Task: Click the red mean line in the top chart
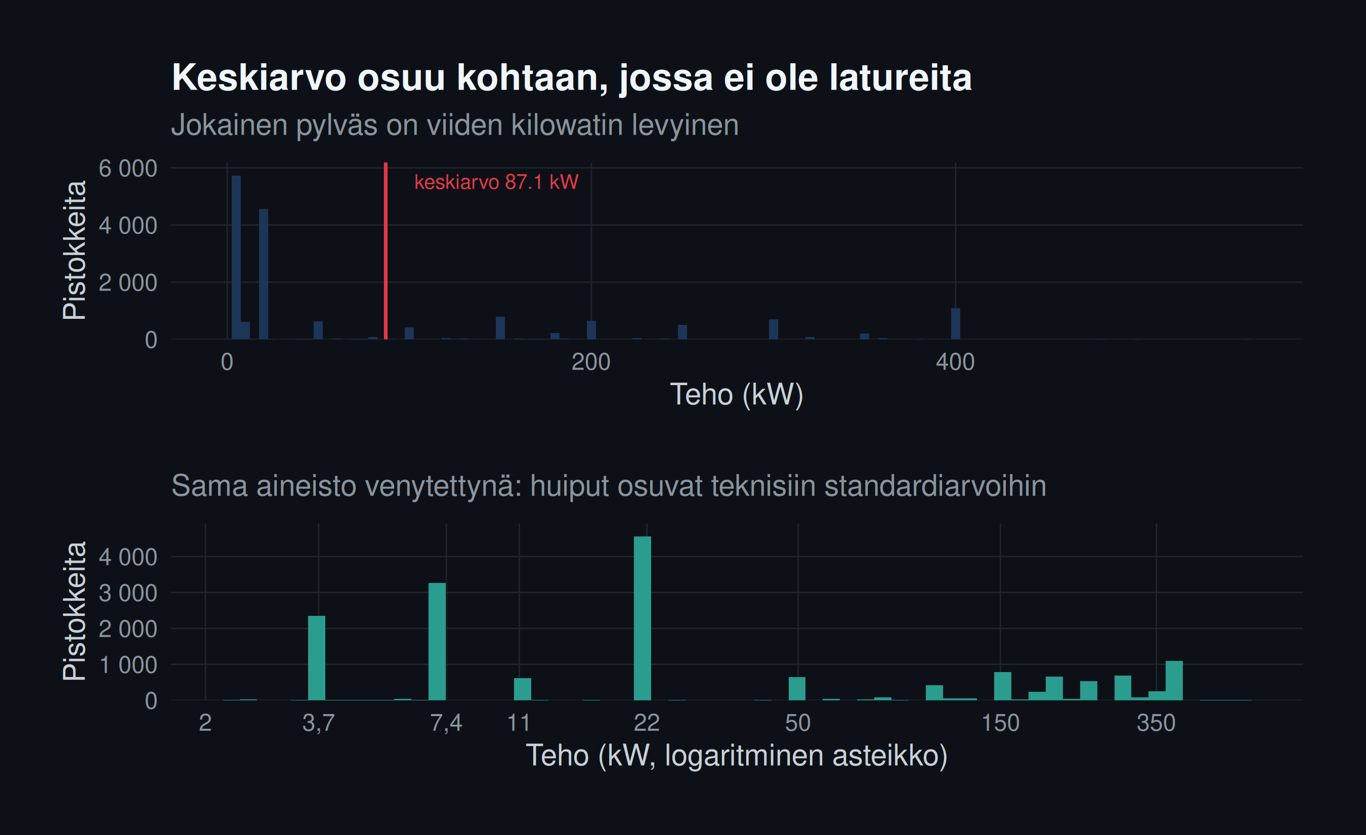[x=386, y=251]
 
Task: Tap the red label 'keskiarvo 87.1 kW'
[x=496, y=182]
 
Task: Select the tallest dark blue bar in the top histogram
[x=236, y=257]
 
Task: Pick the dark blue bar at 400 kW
[x=956, y=324]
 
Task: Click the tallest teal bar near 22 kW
[x=643, y=618]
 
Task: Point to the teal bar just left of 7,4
[x=437, y=642]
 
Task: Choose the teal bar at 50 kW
[x=797, y=689]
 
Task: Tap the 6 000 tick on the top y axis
[x=127, y=168]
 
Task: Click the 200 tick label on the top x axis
[x=591, y=362]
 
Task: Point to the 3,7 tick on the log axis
[x=319, y=723]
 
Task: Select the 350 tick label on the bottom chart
[x=1156, y=723]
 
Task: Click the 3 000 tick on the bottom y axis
[x=127, y=593]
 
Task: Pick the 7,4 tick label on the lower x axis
[x=446, y=723]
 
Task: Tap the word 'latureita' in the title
[x=901, y=77]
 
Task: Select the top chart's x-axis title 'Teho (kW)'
[x=737, y=394]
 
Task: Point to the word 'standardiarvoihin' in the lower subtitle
[x=935, y=486]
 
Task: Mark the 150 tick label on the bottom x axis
[x=1001, y=723]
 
